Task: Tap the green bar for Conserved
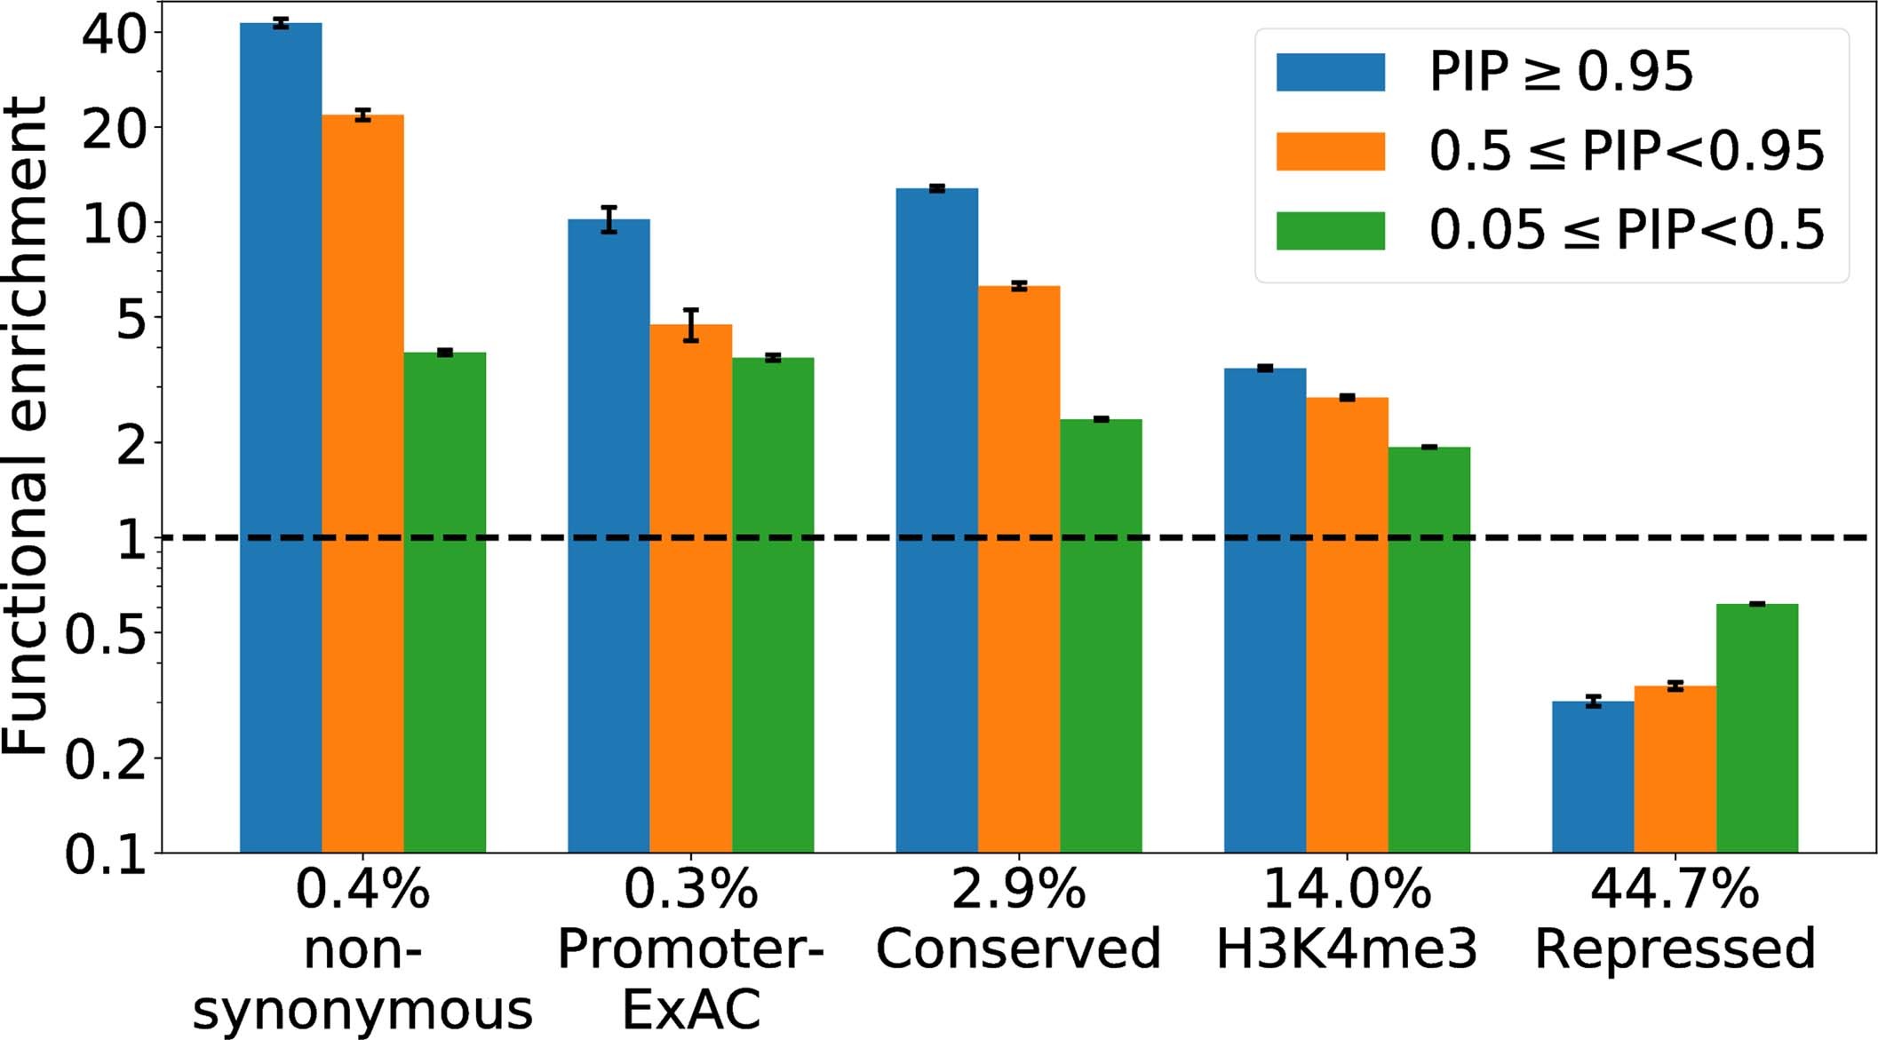tap(1101, 635)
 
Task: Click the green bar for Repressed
tap(1756, 727)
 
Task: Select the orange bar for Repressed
tap(1675, 768)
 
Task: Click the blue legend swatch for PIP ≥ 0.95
tap(1330, 72)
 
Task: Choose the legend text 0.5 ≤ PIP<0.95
tap(1626, 151)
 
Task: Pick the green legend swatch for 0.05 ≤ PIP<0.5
tap(1330, 230)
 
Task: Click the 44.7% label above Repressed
tap(1675, 888)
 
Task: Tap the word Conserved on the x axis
tap(1018, 949)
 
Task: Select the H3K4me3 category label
tap(1346, 949)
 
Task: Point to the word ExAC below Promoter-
tap(690, 1009)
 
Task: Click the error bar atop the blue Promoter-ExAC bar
tap(609, 218)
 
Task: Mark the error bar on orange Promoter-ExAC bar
tap(690, 325)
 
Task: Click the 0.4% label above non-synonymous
tap(362, 888)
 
